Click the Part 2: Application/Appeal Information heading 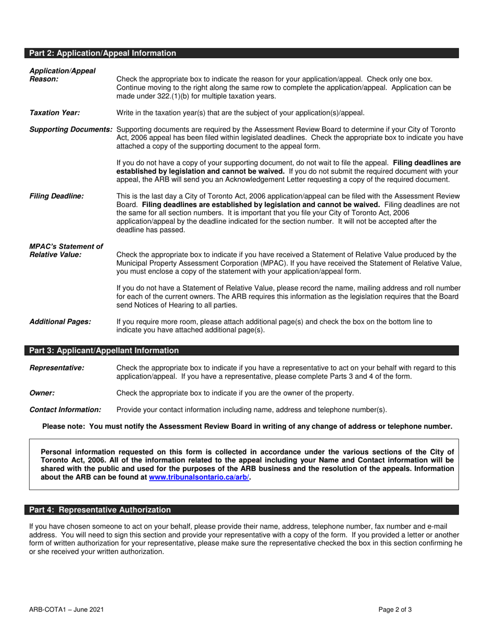tap(103, 53)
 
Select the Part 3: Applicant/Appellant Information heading tap(104, 351)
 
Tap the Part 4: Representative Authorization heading tap(100, 510)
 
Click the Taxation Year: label tap(55, 113)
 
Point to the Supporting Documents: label tap(71, 130)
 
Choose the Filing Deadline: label tap(56, 196)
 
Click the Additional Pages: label tap(60, 322)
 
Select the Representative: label tap(57, 368)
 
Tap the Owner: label tap(42, 393)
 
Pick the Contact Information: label tap(66, 409)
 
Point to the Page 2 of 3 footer tap(396, 609)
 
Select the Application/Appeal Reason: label tap(63, 74)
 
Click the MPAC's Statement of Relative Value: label tap(66, 250)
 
